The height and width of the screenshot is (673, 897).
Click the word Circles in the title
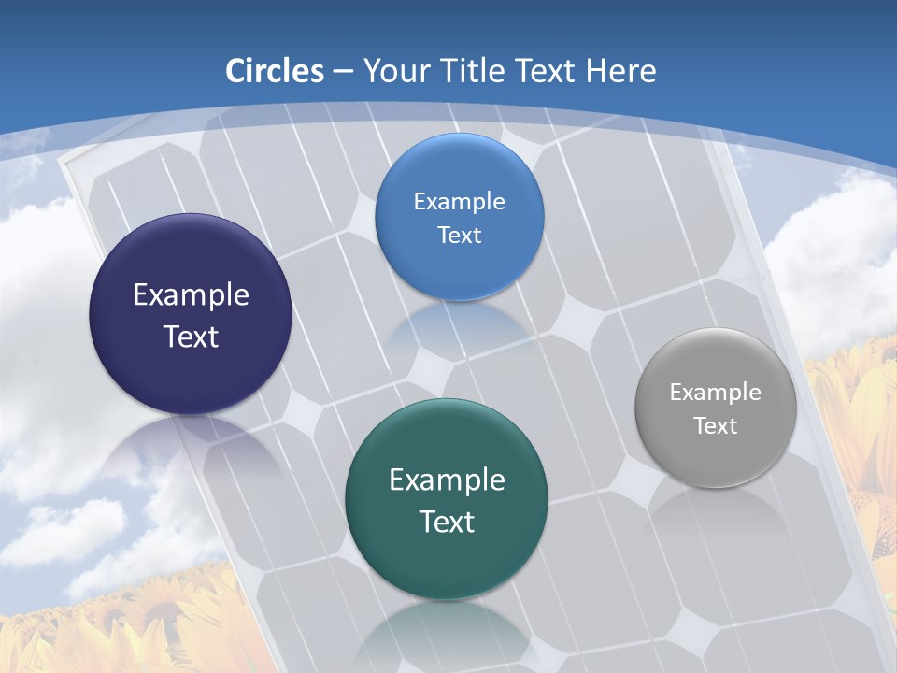274,71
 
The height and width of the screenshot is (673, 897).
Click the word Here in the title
622,71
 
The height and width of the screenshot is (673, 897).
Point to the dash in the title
342,72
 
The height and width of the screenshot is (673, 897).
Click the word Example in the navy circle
191,295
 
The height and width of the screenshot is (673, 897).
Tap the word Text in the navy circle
191,336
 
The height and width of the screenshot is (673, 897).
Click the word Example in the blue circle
459,202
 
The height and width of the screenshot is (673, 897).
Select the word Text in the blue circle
459,236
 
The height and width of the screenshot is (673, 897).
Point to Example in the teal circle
447,480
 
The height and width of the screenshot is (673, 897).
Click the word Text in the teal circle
447,522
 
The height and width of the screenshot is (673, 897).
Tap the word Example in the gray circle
716,393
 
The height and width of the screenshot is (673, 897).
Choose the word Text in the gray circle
716,426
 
